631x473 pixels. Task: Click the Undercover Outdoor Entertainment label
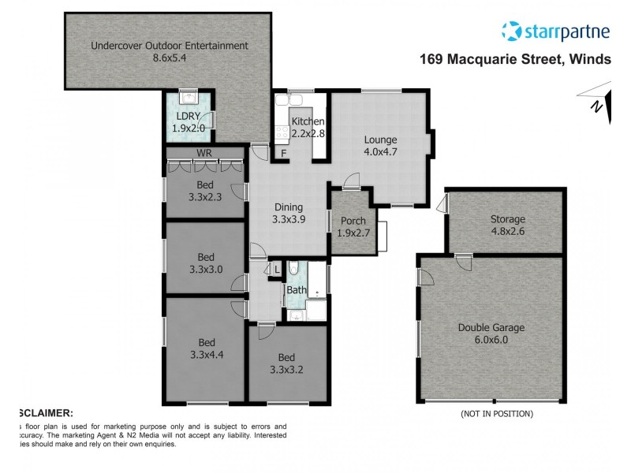[169, 52]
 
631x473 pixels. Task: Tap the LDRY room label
[189, 121]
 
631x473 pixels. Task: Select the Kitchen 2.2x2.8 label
[308, 128]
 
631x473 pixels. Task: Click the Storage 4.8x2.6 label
[506, 225]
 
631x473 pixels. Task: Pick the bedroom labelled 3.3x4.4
[206, 349]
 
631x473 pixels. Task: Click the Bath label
[296, 290]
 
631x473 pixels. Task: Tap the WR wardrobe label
[204, 152]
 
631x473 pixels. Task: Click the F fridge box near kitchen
[282, 153]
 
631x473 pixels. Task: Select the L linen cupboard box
[276, 270]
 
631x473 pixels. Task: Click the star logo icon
[512, 31]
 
